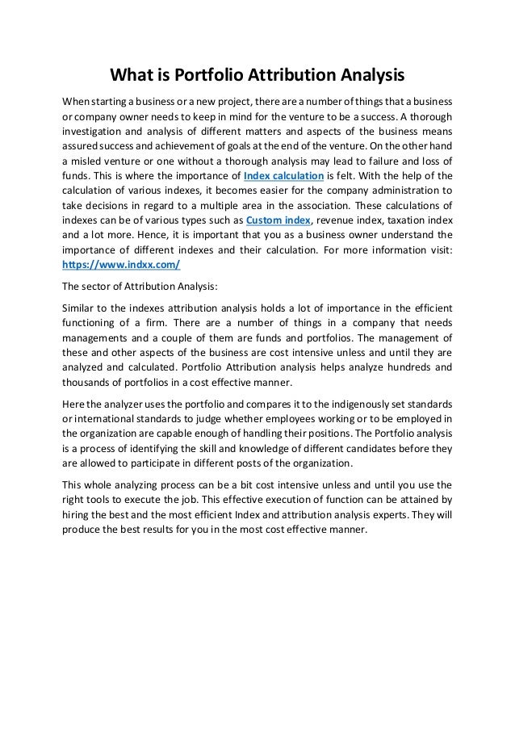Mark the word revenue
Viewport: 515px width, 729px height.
[342, 220]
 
